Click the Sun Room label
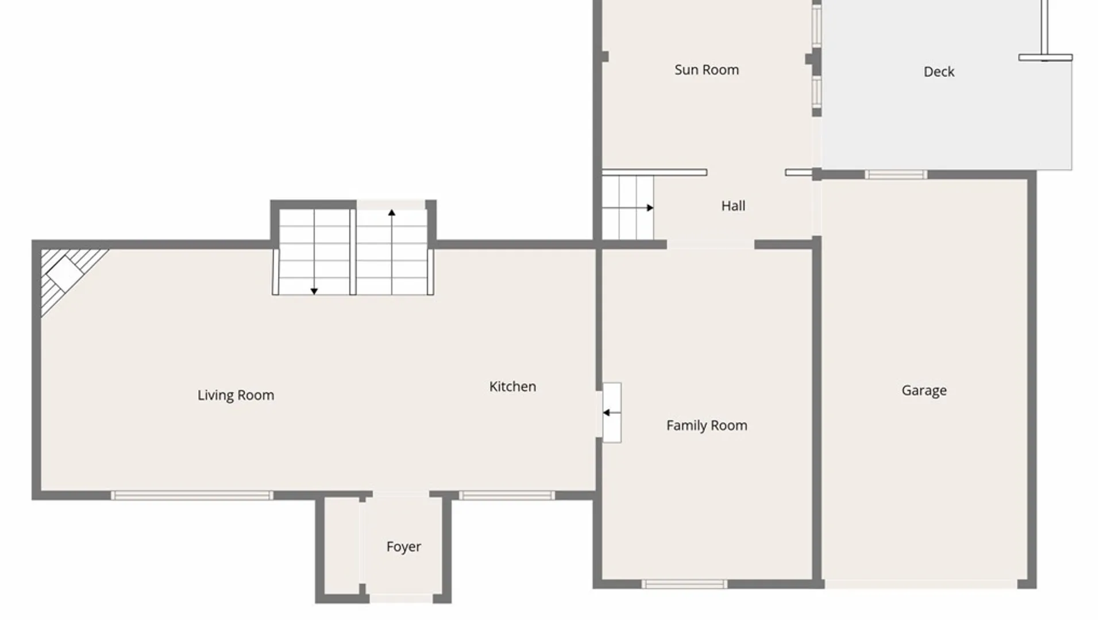pyautogui.click(x=707, y=70)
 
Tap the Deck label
pyautogui.click(x=939, y=72)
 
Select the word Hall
pyautogui.click(x=733, y=206)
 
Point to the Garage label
pyautogui.click(x=924, y=390)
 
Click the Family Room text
pyautogui.click(x=707, y=425)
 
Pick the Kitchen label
pyautogui.click(x=512, y=387)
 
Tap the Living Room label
pyautogui.click(x=236, y=395)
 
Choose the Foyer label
pyautogui.click(x=403, y=547)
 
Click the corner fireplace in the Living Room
pyautogui.click(x=65, y=274)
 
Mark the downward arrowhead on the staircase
pyautogui.click(x=314, y=291)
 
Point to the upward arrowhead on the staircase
pyautogui.click(x=392, y=213)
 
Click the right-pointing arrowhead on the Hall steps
pyautogui.click(x=650, y=208)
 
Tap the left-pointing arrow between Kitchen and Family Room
pyautogui.click(x=607, y=412)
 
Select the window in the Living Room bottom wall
pyautogui.click(x=192, y=495)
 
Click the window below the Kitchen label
pyautogui.click(x=507, y=495)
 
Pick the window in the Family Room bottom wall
pyautogui.click(x=684, y=584)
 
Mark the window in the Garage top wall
pyautogui.click(x=896, y=175)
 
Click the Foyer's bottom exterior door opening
pyautogui.click(x=400, y=599)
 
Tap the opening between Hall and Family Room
pyautogui.click(x=710, y=245)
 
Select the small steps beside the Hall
pyautogui.click(x=627, y=208)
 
